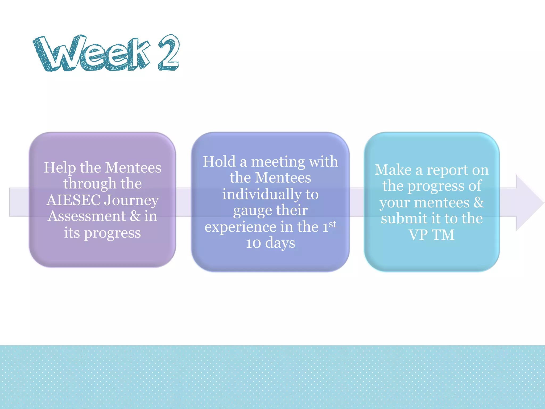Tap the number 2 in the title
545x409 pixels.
(168, 53)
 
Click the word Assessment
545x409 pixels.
(86, 216)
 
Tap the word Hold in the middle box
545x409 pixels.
(219, 162)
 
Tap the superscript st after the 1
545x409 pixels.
(332, 224)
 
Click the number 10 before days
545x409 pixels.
(253, 243)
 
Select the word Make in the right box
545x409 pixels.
(393, 170)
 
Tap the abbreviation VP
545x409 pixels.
(418, 235)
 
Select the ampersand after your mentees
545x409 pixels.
(478, 202)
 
